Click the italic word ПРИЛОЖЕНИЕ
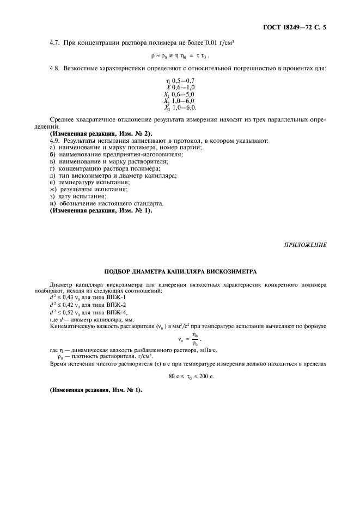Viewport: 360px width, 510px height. click(x=305, y=245)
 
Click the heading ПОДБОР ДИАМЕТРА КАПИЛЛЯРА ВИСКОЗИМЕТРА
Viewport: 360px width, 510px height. click(x=180, y=271)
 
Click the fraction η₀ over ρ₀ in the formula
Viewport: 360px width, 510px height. click(x=195, y=339)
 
